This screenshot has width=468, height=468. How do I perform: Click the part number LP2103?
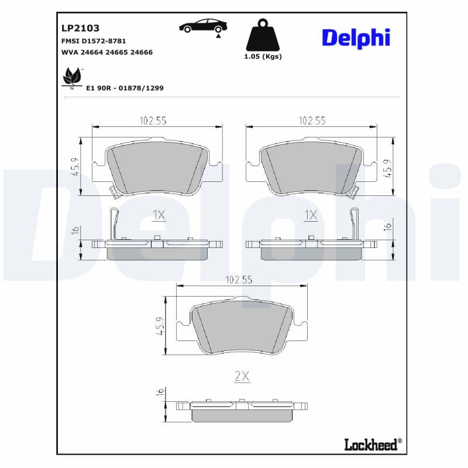80,28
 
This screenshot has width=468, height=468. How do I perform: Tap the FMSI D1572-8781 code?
94,41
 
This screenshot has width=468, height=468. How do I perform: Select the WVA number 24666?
142,52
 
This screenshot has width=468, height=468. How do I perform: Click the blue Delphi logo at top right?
356,38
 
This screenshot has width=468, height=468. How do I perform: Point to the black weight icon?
263,35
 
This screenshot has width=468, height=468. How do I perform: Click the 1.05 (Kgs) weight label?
263,56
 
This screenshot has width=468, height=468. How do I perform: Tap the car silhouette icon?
203,25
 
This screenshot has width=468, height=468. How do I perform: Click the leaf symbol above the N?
72,76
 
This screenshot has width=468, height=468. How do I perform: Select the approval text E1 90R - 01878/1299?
125,88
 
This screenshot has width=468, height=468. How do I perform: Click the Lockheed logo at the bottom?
373,445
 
